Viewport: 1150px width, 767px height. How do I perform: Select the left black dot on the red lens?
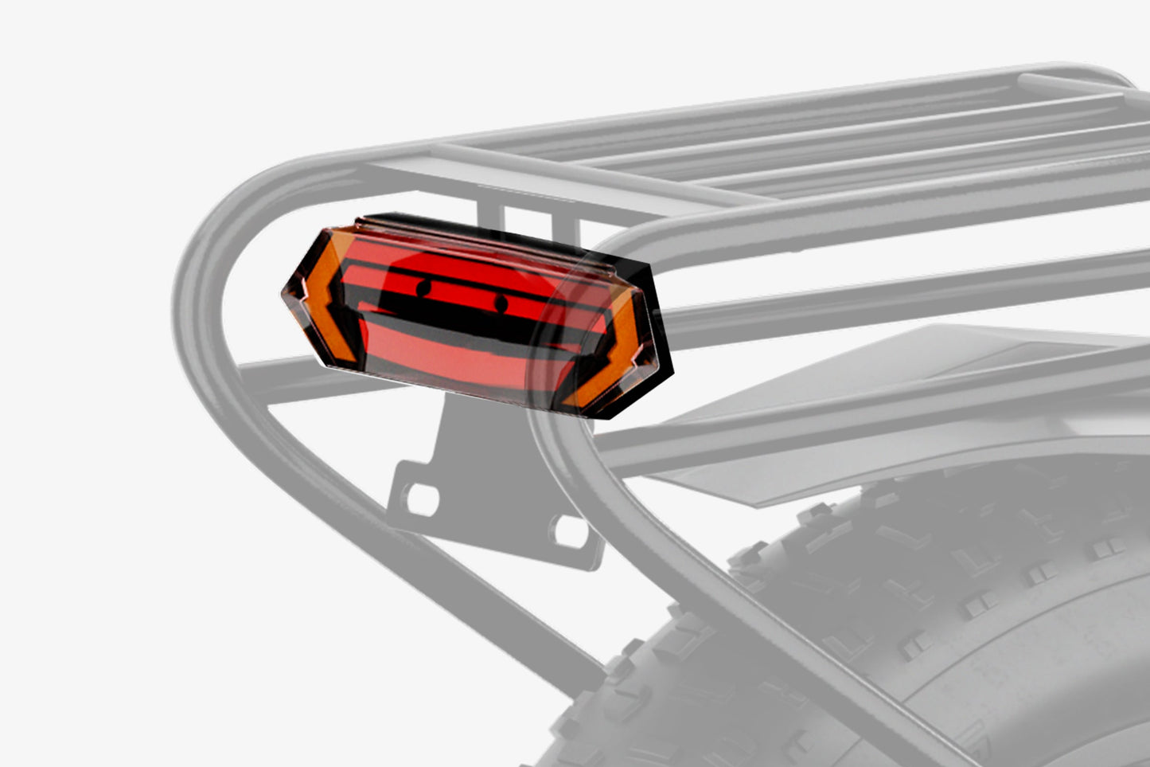(423, 287)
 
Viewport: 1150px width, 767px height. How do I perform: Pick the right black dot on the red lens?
(501, 303)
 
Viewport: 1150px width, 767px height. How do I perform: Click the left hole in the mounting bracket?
(422, 499)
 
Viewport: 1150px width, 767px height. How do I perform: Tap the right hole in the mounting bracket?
(570, 530)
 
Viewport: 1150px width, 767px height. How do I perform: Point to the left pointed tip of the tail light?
(287, 295)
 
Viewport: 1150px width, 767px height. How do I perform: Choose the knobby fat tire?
(915, 621)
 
